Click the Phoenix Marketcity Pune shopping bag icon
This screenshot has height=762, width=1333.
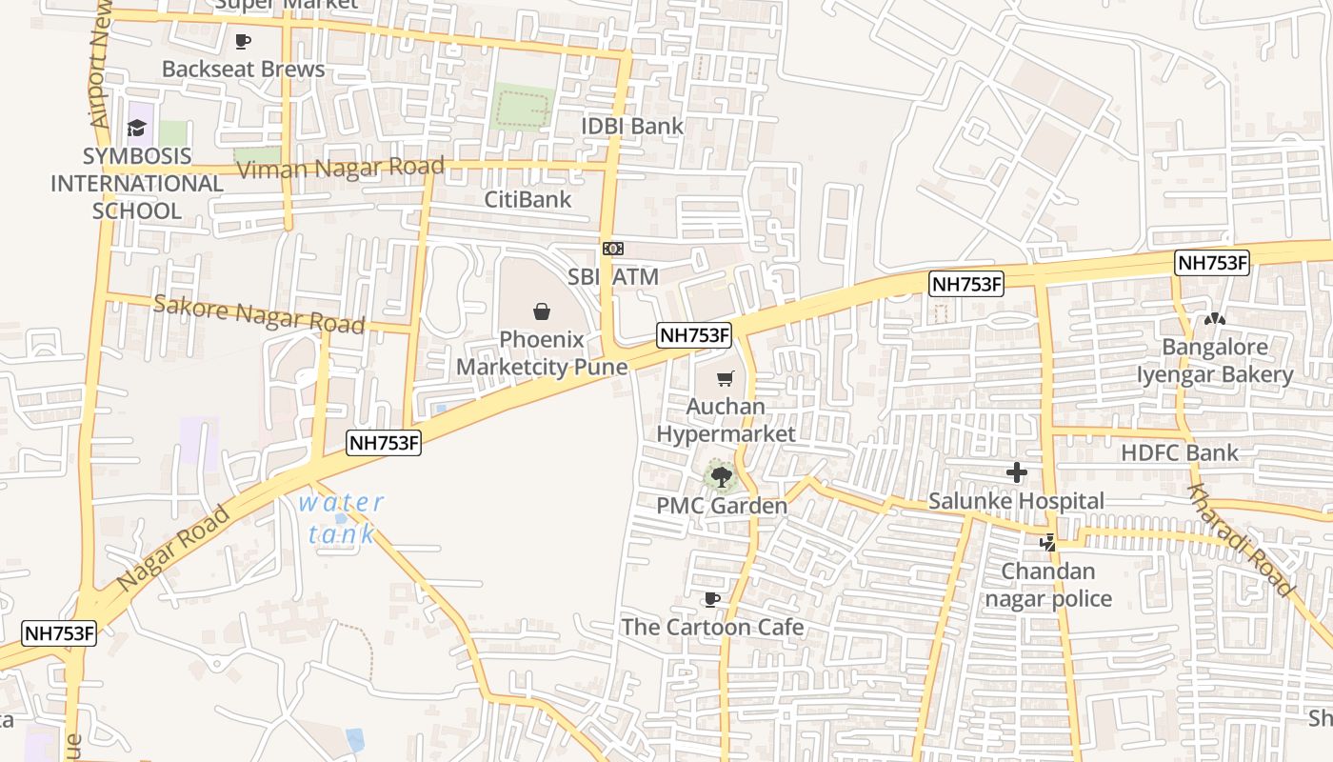pos(541,311)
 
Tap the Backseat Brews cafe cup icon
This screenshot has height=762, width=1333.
pos(243,42)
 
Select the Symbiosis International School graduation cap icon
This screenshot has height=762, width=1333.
pos(138,129)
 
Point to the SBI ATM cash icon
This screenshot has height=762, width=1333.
pos(613,249)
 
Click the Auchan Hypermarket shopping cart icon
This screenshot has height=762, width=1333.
pos(726,379)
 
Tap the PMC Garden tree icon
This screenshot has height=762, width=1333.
pos(721,475)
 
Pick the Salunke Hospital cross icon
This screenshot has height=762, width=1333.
pos(1017,471)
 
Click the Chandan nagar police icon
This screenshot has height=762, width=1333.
pos(1048,544)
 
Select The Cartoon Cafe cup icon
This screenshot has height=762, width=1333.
pos(710,599)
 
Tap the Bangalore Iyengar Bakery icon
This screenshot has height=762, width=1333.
pos(1215,319)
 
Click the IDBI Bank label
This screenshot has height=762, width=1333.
pos(632,126)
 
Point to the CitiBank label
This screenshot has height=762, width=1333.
pos(527,199)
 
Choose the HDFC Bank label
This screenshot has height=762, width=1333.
pos(1180,452)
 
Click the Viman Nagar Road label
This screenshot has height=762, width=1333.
pos(340,169)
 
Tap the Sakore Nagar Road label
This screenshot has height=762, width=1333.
pos(258,314)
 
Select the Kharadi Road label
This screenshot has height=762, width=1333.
pos(1239,540)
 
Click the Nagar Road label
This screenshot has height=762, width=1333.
pos(173,547)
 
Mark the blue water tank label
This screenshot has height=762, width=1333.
pos(341,518)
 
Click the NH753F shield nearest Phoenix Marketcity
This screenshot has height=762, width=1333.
pos(694,334)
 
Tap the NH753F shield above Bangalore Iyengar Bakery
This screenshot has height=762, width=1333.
pos(1211,264)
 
